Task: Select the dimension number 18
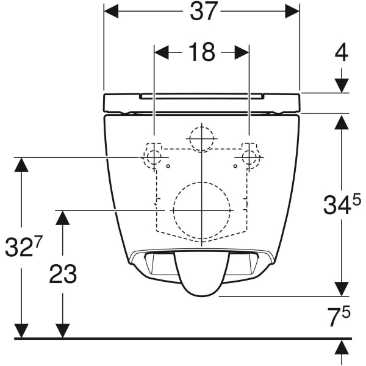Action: [201, 52]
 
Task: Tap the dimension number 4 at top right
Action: [342, 52]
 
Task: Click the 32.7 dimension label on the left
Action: [23, 247]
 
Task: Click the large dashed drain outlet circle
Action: [201, 209]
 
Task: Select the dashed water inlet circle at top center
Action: [201, 138]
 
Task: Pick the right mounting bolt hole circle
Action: [249, 158]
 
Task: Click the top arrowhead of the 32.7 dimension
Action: [23, 165]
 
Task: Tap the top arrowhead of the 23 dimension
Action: [62, 217]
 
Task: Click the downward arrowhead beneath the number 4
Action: [342, 85]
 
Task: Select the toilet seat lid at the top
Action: [202, 102]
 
